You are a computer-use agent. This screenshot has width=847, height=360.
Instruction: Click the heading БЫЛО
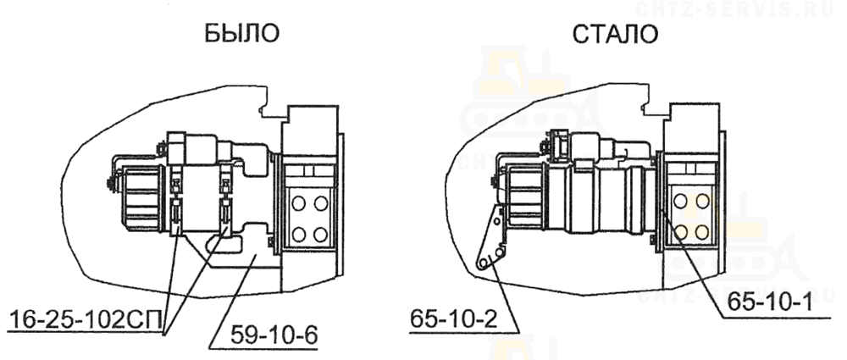(241, 35)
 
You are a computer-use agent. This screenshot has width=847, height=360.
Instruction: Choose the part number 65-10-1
(771, 299)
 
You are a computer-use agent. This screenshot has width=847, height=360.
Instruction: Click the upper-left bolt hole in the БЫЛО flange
(297, 204)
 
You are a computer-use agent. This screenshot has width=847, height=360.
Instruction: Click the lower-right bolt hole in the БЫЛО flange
(321, 235)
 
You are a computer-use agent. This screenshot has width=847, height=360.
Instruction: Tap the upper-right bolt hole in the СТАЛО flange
(702, 202)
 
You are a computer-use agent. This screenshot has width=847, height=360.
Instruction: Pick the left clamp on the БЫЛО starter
(176, 202)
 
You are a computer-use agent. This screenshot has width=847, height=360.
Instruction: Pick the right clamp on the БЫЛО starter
(226, 202)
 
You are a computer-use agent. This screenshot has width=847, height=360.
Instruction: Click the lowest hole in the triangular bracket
(483, 263)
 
